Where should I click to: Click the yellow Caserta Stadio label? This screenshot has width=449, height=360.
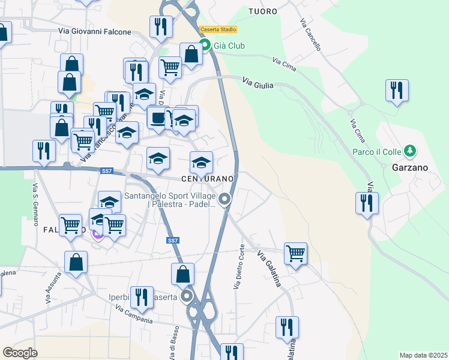pyautogui.click(x=218, y=29)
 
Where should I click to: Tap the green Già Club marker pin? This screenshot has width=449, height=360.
pyautogui.click(x=204, y=44)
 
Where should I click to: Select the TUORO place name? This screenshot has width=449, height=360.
pyautogui.click(x=263, y=11)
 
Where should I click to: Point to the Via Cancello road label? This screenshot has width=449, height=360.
pyautogui.click(x=310, y=29)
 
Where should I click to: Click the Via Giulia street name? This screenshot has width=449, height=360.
pyautogui.click(x=258, y=83)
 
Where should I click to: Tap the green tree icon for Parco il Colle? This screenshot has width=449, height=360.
pyautogui.click(x=410, y=150)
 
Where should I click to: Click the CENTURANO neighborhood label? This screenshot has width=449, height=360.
pyautogui.click(x=206, y=179)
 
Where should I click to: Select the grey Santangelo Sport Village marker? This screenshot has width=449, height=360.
pyautogui.click(x=225, y=199)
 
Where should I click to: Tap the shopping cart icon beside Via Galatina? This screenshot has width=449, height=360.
pyautogui.click(x=295, y=253)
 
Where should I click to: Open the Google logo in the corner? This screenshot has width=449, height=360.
pyautogui.click(x=20, y=352)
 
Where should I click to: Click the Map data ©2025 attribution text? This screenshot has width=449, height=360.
pyautogui.click(x=423, y=355)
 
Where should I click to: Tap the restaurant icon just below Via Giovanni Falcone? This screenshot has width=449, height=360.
pyautogui.click(x=161, y=26)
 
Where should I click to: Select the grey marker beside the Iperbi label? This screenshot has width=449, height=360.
pyautogui.click(x=187, y=296)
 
